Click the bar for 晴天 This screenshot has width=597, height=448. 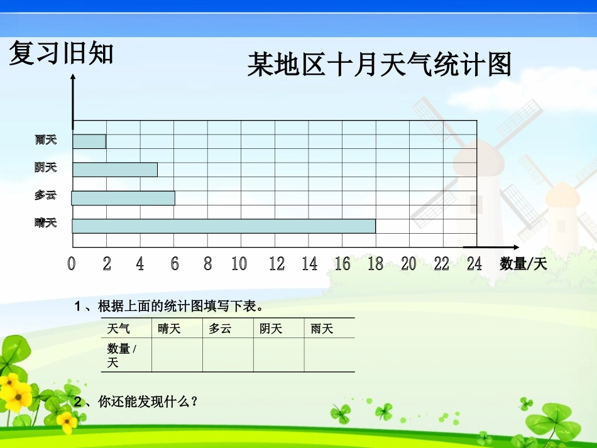[x=224, y=226]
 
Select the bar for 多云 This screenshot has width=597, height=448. [x=123, y=198]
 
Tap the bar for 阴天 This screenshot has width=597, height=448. [x=115, y=170]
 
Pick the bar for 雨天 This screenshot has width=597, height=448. [x=89, y=141]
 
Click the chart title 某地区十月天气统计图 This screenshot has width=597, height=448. [x=379, y=65]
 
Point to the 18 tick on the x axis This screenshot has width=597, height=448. [x=375, y=264]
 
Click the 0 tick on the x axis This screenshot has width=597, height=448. [x=72, y=264]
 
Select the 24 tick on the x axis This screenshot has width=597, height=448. [x=474, y=264]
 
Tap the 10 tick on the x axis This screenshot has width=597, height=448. [x=239, y=264]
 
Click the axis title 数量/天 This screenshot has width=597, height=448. [x=523, y=265]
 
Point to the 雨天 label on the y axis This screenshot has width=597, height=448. [x=46, y=139]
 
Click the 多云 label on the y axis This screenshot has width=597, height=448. [x=45, y=195]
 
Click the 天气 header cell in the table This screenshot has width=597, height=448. [x=119, y=329]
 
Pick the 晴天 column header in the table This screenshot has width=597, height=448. [x=169, y=329]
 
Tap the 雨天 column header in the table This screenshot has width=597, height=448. [x=322, y=329]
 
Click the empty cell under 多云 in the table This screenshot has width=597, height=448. [x=228, y=355]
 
